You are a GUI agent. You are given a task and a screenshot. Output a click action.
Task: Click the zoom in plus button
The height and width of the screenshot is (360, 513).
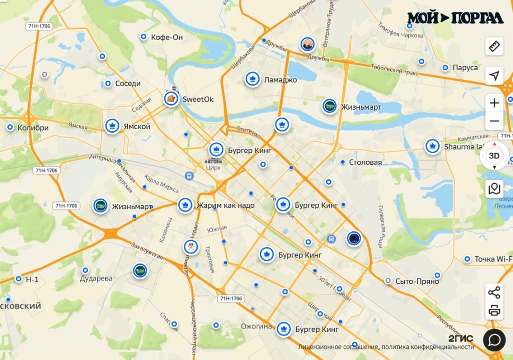coord(494,103)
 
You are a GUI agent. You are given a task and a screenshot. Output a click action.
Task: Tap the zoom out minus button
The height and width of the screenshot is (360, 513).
coord(494,121)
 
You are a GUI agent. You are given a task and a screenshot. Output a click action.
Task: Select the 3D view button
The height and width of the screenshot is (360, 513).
coord(494,156)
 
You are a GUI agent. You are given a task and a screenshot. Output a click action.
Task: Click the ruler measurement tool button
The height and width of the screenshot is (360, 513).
coord(494,47)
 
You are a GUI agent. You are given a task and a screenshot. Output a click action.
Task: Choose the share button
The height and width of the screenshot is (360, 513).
coord(494,292)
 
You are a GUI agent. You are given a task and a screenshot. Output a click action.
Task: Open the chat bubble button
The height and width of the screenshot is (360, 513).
coord(494,340)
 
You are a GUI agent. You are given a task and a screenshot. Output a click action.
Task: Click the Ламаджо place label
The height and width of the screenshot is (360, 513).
coord(281,80)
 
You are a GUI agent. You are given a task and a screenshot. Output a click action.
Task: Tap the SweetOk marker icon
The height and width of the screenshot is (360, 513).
coord(171,98)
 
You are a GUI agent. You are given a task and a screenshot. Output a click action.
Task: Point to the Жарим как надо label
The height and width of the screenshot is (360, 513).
coord(225,205)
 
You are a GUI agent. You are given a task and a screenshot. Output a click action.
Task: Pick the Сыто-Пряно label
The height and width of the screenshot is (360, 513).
coord(417,281)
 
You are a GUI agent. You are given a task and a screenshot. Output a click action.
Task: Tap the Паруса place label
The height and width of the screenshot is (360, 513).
coord(465,68)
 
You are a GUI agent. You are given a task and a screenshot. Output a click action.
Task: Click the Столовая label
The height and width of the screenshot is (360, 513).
coord(365,162)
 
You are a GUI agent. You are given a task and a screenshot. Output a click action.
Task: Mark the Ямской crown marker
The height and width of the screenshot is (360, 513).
coord(112,126)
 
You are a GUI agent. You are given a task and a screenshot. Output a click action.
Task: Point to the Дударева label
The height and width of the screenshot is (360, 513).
coord(97,278)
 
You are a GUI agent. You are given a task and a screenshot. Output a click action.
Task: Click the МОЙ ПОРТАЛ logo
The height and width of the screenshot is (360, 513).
coord(455,18)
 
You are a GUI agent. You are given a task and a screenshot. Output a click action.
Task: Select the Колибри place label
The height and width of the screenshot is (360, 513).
coord(33,128)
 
